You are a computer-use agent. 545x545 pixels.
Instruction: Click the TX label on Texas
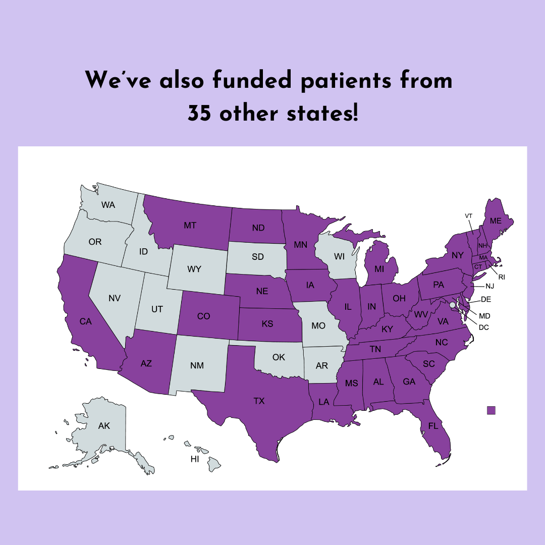[259, 401]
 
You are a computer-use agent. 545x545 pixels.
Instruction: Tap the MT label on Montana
[190, 226]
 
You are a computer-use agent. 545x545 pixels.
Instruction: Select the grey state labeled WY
[194, 269]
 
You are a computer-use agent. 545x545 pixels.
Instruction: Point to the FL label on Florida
[433, 425]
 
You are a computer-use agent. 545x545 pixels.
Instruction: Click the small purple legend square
[491, 410]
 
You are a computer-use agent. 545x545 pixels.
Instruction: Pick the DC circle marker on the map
[452, 305]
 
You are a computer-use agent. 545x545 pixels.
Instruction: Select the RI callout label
[502, 277]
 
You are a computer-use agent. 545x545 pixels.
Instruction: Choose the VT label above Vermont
[468, 216]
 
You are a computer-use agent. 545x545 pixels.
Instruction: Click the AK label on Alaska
[104, 426]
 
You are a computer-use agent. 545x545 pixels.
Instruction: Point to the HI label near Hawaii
[194, 459]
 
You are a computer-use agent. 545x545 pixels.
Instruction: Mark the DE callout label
[486, 299]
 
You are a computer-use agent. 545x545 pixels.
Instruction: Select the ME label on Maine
[496, 221]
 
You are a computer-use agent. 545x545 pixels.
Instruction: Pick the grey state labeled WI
[339, 256]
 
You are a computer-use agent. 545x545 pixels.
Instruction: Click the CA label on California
[85, 321]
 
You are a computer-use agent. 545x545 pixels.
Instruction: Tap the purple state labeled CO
[203, 316]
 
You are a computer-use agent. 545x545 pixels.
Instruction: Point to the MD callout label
[484, 316]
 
